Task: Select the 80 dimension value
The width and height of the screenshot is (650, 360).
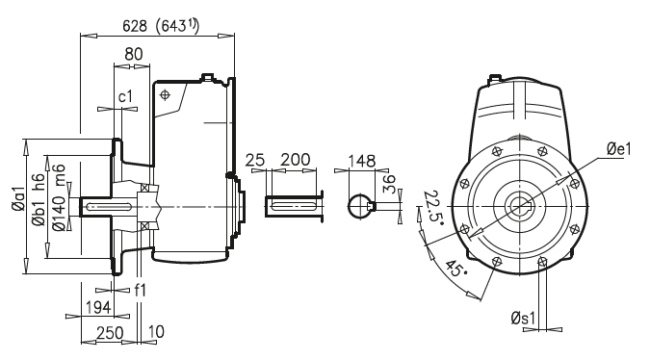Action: tap(134, 55)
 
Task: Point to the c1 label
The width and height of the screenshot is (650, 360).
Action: tap(125, 97)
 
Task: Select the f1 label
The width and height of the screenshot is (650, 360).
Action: tap(141, 288)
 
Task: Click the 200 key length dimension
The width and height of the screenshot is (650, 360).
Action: tap(295, 159)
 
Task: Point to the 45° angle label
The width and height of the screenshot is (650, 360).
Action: tap(451, 272)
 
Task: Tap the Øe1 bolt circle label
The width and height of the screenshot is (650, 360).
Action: tap(619, 148)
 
